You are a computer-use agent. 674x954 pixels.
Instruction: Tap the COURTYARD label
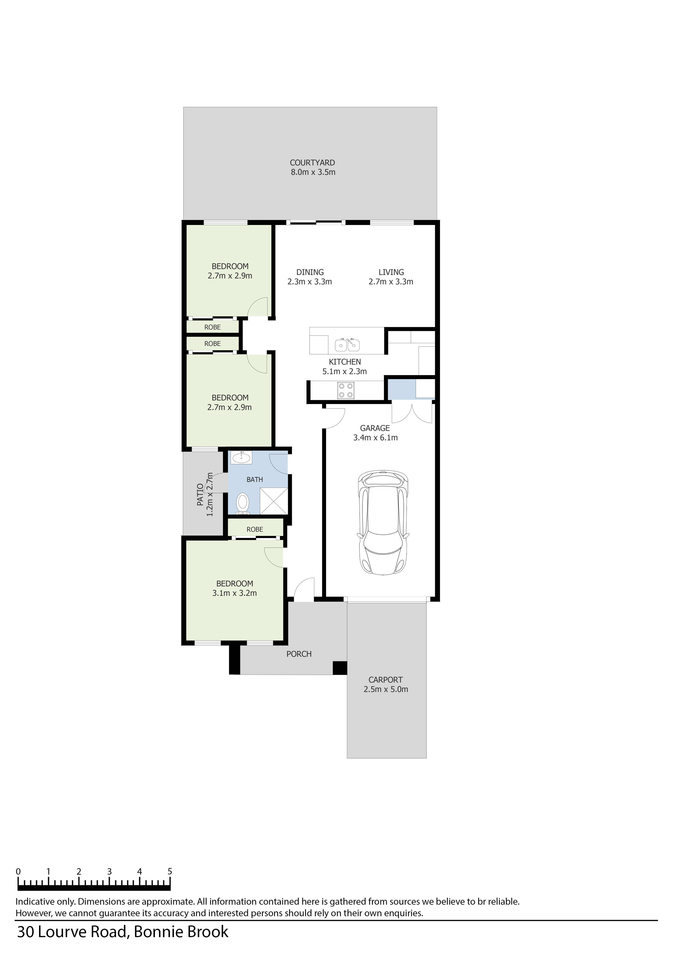(312, 163)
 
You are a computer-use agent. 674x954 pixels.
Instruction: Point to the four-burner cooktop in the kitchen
(345, 390)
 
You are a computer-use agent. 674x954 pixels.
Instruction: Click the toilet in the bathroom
(242, 504)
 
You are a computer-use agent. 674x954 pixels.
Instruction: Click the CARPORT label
(385, 680)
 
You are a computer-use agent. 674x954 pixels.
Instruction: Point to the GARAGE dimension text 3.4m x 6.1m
(375, 438)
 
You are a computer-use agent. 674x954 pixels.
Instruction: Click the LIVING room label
(391, 272)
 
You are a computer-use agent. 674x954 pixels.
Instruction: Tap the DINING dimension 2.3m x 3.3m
(309, 282)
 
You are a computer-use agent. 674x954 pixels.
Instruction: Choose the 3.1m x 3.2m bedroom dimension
(234, 593)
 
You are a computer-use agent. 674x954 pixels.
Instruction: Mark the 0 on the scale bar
(18, 871)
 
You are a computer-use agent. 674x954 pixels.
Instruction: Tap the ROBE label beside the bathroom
(255, 529)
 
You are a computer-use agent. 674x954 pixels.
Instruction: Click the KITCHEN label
(345, 362)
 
